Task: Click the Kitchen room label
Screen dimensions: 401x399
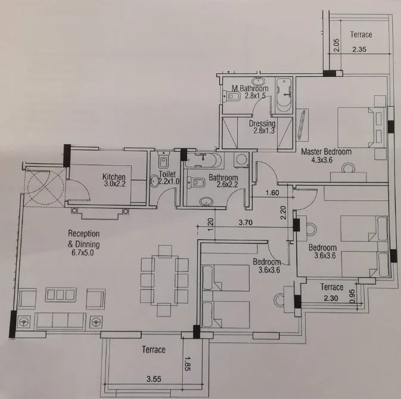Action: [x=114, y=177]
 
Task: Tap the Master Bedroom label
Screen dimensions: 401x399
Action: [x=326, y=151]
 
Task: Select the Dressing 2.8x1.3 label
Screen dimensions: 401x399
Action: [x=262, y=127]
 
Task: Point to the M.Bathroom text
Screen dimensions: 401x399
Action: [x=250, y=88]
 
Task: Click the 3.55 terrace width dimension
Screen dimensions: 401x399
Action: [x=154, y=379]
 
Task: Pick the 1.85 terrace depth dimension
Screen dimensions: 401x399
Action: [x=187, y=363]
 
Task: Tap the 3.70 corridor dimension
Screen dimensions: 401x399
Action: [x=245, y=222]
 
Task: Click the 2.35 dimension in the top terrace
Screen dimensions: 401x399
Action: [x=359, y=49]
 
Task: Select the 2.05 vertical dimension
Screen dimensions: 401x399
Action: [x=337, y=45]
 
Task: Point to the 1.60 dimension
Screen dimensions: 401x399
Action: [x=272, y=193]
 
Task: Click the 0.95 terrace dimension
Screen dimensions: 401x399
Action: [x=352, y=296]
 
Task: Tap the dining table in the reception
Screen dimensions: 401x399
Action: [x=164, y=280]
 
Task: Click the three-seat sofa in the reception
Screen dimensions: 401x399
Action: [x=60, y=320]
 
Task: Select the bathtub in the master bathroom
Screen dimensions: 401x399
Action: [x=284, y=95]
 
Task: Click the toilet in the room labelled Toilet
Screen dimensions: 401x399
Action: [x=163, y=160]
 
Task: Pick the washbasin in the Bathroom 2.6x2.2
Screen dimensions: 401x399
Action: [x=206, y=202]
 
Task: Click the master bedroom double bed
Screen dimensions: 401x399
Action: [x=361, y=127]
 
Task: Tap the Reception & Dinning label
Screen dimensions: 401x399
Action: [x=83, y=239]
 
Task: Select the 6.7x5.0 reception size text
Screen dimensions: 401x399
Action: [x=83, y=253]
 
